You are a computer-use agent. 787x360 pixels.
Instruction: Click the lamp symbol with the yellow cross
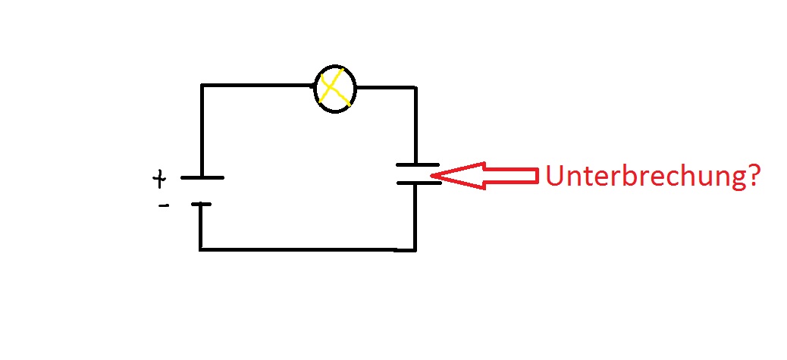coord(335,89)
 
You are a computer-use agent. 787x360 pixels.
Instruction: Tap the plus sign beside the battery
coord(159,179)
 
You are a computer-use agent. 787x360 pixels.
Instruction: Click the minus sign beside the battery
coord(164,205)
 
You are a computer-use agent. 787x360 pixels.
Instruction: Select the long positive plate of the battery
coord(202,177)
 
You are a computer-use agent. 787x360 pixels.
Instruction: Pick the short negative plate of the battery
coord(201,204)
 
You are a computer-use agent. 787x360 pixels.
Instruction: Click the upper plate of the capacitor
coord(418,164)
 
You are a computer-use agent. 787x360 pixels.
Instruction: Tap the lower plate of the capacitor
coord(419,183)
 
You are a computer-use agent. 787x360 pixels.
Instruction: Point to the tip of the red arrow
coord(431,176)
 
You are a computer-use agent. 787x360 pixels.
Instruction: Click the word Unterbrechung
coord(645,176)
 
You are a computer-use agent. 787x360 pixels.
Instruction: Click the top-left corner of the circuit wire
coord(202,86)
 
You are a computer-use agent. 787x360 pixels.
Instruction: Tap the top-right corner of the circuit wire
coord(415,88)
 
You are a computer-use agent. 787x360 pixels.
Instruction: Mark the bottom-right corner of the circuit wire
coord(415,249)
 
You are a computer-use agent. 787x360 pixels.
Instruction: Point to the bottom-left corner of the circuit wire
coord(200,249)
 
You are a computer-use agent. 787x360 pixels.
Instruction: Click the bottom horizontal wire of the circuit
coord(308,249)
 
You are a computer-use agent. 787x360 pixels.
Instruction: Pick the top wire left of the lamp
coord(258,86)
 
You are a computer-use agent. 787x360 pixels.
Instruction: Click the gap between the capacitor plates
coord(418,174)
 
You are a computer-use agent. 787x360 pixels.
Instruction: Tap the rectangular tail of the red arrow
coord(512,176)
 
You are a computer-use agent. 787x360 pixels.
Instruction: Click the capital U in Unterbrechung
coord(554,176)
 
